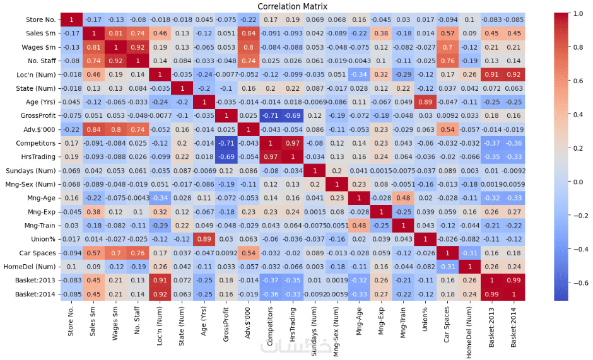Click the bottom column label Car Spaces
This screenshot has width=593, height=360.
(x=447, y=320)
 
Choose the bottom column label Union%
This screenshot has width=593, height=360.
(x=424, y=316)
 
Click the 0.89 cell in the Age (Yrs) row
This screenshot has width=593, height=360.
(x=424, y=102)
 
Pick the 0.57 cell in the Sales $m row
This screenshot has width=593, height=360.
(x=447, y=33)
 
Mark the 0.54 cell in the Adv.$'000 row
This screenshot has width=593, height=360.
(x=447, y=130)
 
